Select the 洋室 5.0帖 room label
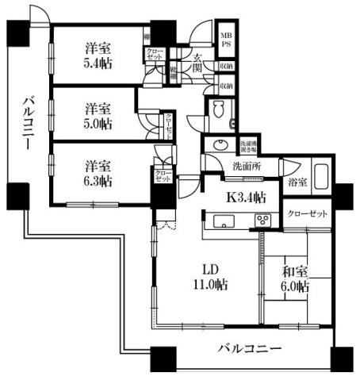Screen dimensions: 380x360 pos(98,116)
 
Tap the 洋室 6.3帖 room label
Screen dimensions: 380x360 pos(98,174)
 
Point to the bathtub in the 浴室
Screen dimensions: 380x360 pos(323,175)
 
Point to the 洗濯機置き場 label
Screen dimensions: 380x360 pos(248,145)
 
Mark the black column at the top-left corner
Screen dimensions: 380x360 pos(16,33)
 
